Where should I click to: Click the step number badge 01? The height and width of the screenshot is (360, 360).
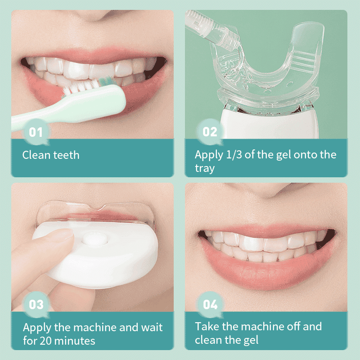[x=36, y=132]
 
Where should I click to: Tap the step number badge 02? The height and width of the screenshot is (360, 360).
[x=210, y=132]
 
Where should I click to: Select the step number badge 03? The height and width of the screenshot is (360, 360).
[x=36, y=305]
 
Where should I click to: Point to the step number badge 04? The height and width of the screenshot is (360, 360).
[x=210, y=305]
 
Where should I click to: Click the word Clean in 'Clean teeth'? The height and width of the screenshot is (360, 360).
[x=36, y=155]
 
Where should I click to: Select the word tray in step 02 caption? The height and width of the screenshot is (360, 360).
[x=205, y=168]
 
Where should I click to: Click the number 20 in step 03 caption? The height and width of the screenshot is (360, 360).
[x=46, y=341]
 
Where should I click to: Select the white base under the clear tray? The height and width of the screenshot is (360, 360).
[x=269, y=124]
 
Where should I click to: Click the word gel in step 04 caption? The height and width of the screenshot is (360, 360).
[x=251, y=340]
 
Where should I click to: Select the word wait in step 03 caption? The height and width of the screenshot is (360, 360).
[x=152, y=327]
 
